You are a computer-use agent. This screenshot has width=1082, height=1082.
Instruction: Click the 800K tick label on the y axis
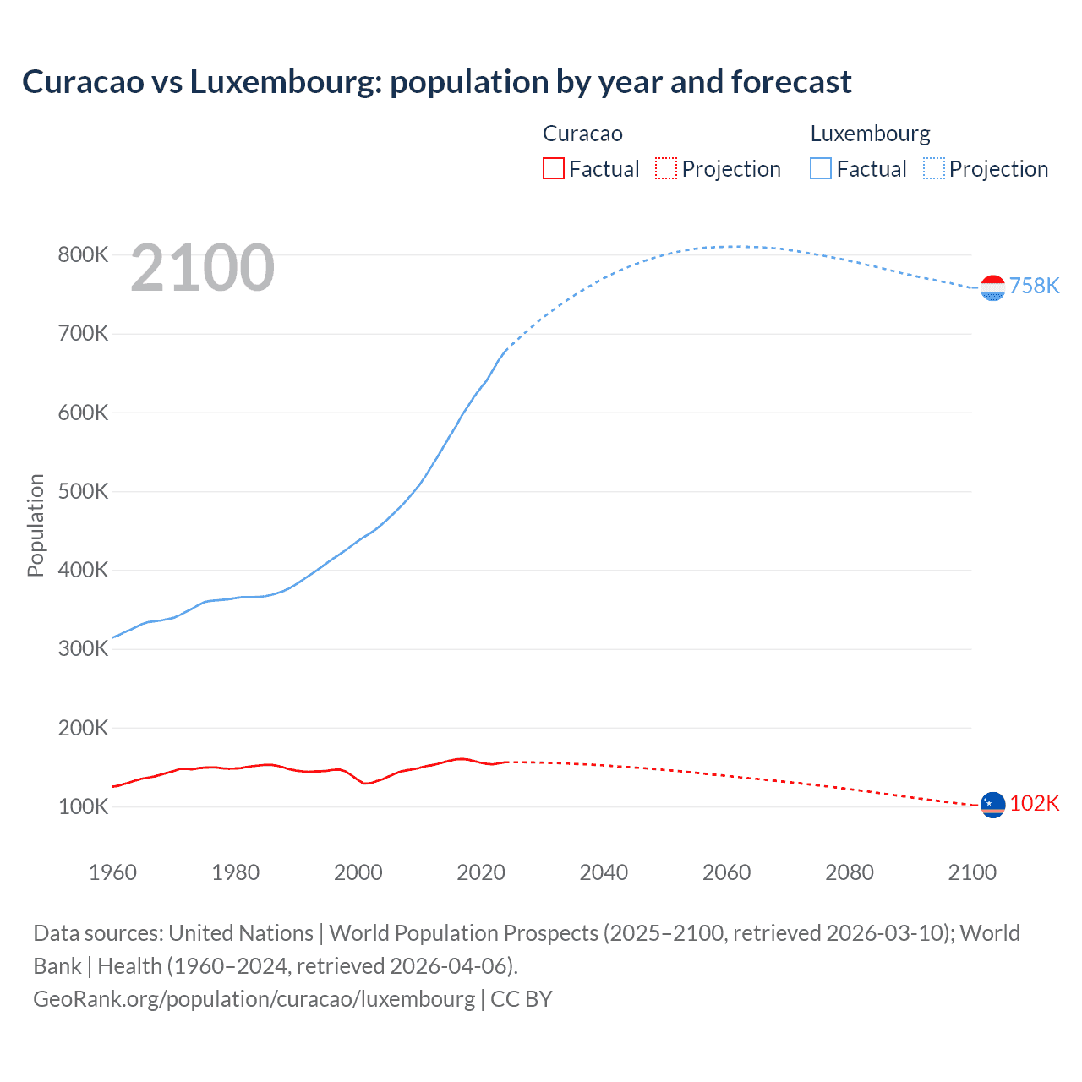(x=83, y=254)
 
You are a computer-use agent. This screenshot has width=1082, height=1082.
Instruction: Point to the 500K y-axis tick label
(x=83, y=491)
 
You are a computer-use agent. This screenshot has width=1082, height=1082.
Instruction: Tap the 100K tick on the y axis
(x=83, y=806)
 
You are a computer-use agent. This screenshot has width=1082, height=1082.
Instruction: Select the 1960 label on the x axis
(x=112, y=872)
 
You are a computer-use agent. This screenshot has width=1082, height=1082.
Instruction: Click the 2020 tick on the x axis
(x=481, y=872)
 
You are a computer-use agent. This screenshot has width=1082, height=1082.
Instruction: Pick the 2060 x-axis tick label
(x=726, y=872)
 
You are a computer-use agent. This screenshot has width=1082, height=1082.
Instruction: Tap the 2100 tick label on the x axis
(x=972, y=872)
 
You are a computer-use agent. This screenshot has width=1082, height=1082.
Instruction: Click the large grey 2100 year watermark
(x=203, y=268)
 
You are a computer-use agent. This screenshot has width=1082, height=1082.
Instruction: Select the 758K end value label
(x=1034, y=286)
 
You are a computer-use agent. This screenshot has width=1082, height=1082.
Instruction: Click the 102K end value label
(x=1034, y=803)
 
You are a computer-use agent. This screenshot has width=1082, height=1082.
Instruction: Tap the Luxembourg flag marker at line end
(x=992, y=288)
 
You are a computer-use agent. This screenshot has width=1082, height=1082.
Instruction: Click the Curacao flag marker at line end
(x=992, y=805)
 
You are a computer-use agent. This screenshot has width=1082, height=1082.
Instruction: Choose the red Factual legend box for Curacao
(x=553, y=168)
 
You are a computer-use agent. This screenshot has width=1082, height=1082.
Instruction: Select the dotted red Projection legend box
(x=666, y=168)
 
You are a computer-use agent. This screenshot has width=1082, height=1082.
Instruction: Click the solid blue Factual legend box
(x=821, y=168)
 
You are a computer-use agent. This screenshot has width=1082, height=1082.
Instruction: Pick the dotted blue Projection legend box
(x=934, y=168)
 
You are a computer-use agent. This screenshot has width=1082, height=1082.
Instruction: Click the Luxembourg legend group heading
(x=870, y=134)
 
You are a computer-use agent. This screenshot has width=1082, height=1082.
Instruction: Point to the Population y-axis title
(x=36, y=525)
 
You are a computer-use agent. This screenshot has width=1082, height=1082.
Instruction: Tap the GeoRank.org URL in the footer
(x=254, y=998)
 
